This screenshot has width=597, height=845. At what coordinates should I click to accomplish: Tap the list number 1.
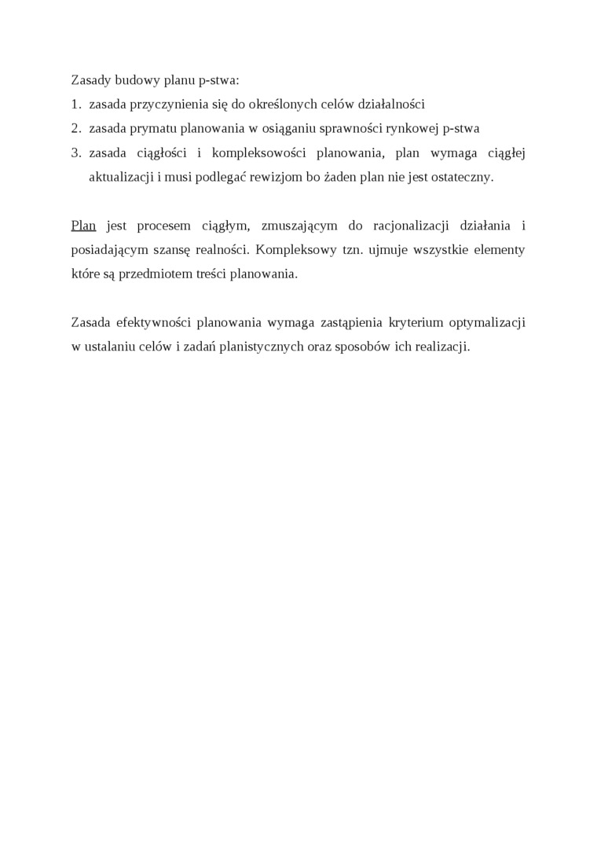coord(75,104)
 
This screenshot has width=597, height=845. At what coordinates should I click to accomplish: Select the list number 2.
coord(75,127)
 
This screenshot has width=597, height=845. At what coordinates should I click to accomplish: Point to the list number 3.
coord(75,152)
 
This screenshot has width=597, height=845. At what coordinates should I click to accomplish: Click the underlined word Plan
coord(83,226)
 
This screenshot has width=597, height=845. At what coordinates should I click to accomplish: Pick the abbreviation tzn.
coord(361,250)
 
